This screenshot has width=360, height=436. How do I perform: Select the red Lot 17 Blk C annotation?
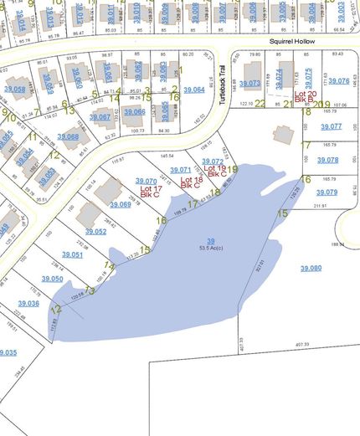(151, 192)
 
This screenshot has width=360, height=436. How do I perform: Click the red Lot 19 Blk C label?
(216, 171)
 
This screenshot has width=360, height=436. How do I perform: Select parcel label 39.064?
(193, 90)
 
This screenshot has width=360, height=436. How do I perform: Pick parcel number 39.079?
(328, 192)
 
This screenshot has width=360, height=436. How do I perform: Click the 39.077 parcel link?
(330, 126)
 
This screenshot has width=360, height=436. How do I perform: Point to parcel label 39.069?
(120, 204)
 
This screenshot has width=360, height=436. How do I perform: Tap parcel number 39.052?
(95, 231)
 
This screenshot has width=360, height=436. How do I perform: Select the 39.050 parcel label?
(51, 278)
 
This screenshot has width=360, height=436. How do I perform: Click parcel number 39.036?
(28, 303)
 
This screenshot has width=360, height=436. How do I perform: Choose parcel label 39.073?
(249, 84)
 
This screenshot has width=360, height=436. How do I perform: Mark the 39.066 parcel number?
(134, 111)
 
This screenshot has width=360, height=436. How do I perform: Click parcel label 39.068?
(68, 136)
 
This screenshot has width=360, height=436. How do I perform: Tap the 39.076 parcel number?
(339, 81)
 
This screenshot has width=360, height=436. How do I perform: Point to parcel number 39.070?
(146, 182)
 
